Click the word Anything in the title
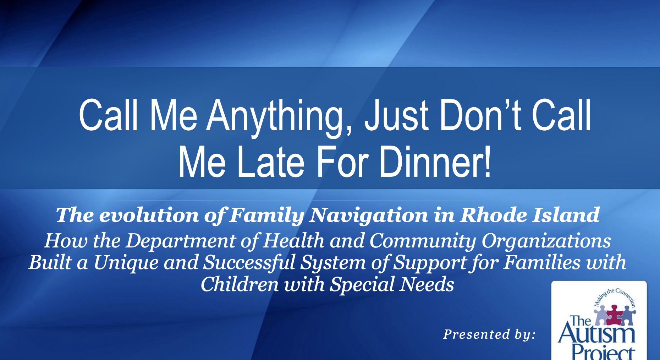pos(279,115)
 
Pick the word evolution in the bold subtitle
pos(149,215)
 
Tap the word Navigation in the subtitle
pos(369,215)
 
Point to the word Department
pos(181,241)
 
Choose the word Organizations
pos(546,241)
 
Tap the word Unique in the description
pos(126,263)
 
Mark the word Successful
pos(249,262)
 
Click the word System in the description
pos(333,263)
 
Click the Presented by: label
pos(489,334)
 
